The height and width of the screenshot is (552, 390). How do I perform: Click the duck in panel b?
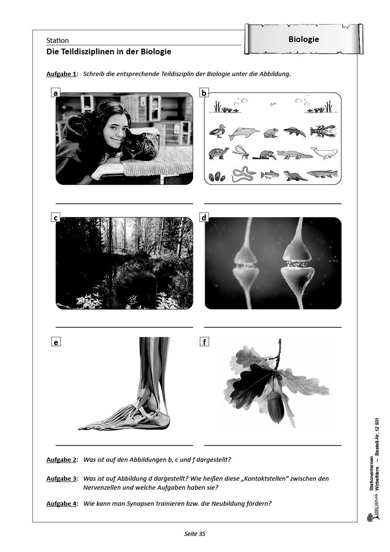tap(217, 132)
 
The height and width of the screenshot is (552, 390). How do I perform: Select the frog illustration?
tap(272, 132)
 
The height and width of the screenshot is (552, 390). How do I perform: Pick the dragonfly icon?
tap(241, 152)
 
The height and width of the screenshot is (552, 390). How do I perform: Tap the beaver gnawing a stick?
tap(267, 155)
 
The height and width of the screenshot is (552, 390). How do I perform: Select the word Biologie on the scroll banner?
tap(304, 39)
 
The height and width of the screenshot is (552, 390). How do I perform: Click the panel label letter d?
tap(204, 218)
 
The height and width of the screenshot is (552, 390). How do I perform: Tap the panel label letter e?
tap(56, 341)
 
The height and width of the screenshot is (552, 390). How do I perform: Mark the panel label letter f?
tap(204, 341)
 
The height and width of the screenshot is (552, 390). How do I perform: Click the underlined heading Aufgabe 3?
tap(61, 478)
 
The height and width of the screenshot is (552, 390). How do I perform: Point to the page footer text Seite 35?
tap(195, 534)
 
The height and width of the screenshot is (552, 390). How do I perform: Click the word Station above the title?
tap(58, 41)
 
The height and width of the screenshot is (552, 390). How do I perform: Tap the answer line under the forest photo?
tap(124, 327)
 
